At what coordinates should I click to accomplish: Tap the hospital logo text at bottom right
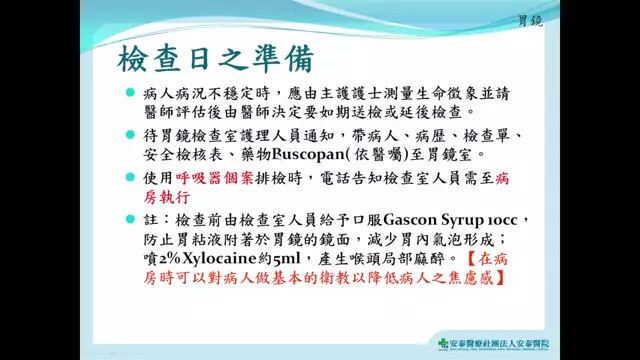500,345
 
